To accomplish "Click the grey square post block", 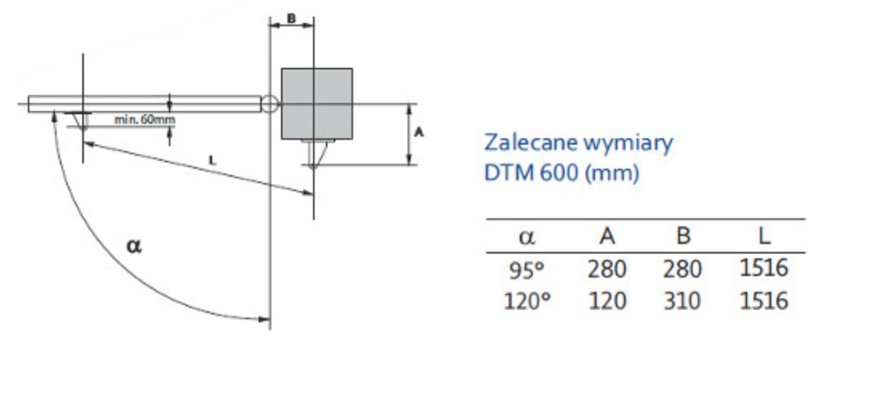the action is coord(316,104).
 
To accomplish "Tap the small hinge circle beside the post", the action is coord(270,104).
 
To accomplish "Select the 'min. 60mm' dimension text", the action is coord(144,120).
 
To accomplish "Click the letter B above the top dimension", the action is coord(292,19).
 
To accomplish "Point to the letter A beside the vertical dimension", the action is coord(419,132).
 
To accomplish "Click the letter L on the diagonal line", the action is coord(213,160).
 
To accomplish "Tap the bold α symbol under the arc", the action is coord(134,246).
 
